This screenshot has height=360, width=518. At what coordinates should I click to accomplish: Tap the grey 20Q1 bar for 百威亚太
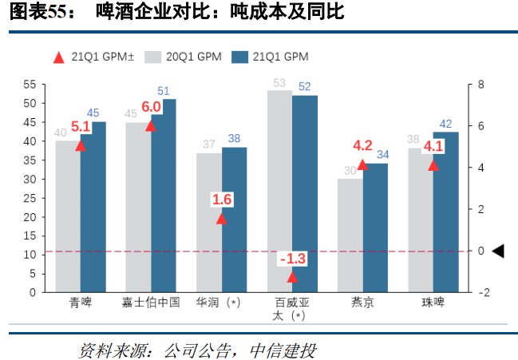point(279,192)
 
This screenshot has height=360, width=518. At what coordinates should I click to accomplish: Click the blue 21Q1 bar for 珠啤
point(445,212)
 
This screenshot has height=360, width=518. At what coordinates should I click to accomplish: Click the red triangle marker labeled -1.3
point(292,277)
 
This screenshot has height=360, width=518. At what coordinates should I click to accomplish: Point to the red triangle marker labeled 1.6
point(222,218)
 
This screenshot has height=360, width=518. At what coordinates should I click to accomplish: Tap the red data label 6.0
point(151,107)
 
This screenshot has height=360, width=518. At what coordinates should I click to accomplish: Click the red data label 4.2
point(362,145)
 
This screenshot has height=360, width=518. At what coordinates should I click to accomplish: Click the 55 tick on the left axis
point(30,84)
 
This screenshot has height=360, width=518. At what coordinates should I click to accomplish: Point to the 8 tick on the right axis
point(480,84)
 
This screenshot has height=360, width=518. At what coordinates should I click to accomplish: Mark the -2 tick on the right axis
point(482,292)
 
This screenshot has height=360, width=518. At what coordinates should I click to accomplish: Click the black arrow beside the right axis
point(497,251)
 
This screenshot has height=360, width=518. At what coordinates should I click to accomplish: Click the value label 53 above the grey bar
point(279,82)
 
